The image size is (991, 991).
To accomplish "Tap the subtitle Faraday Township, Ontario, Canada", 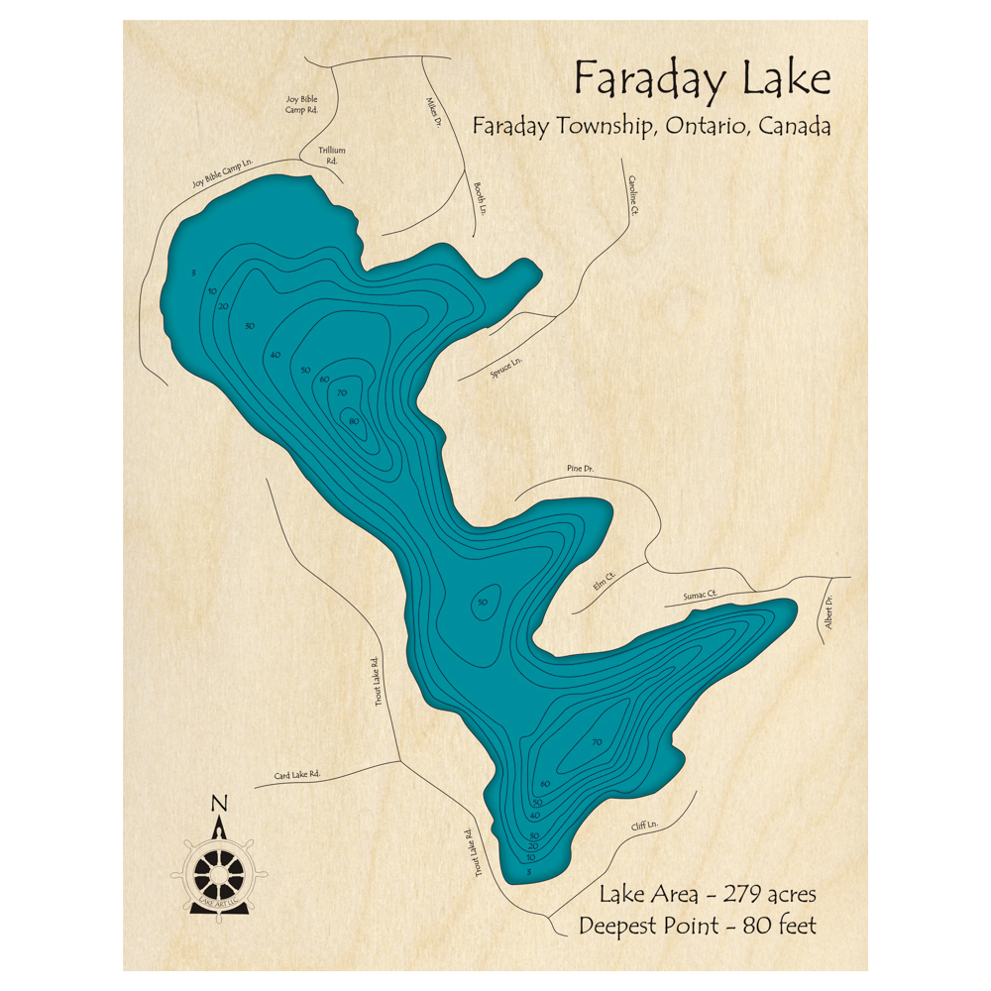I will point(651,128).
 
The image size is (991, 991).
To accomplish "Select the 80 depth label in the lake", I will point(355,421).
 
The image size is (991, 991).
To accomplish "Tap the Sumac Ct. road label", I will point(699,596).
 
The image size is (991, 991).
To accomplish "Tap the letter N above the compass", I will point(220,804).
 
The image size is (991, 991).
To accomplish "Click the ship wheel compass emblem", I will point(219,871).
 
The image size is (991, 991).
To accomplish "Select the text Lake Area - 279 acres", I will point(708,894).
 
